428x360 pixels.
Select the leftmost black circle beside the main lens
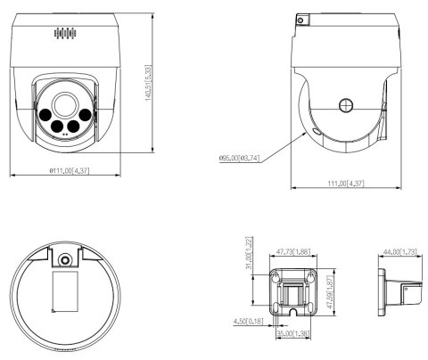[43, 113]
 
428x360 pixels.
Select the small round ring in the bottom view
[66, 259]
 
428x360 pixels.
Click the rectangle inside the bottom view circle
[65, 292]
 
